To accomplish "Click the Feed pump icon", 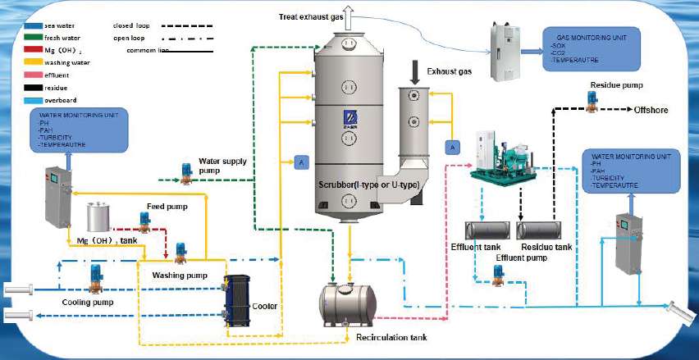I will [145, 220].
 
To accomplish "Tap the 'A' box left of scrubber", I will [301, 163].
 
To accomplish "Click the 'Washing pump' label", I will [178, 276].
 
